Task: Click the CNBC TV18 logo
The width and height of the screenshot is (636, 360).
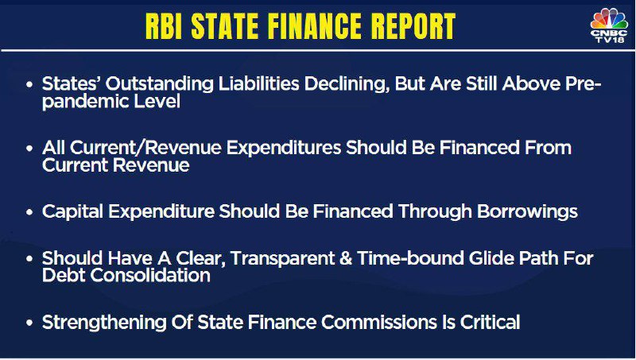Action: [609, 25]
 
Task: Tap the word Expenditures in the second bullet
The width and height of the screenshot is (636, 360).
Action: [284, 148]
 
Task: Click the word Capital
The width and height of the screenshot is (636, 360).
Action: [73, 212]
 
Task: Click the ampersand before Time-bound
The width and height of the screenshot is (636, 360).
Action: [346, 258]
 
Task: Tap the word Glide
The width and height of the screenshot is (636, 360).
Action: [491, 258]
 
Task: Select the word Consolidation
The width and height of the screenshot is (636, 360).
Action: [150, 275]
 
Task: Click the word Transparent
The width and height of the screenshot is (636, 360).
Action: [283, 259]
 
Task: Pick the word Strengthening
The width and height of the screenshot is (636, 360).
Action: [104, 323]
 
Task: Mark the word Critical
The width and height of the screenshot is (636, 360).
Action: [490, 323]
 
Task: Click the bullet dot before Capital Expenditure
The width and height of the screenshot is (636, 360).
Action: [29, 212]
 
